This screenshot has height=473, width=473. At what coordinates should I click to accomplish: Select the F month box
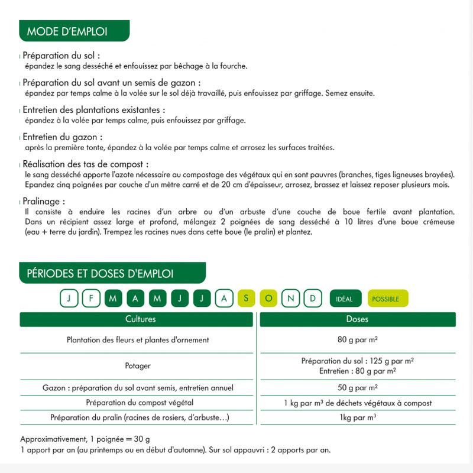click(91, 299)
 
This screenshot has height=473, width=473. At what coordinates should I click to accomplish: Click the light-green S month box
click(246, 299)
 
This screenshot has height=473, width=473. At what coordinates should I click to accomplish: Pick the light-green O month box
click(268, 299)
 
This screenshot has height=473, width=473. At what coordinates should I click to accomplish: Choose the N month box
click(290, 299)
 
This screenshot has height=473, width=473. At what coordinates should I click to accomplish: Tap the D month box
click(313, 299)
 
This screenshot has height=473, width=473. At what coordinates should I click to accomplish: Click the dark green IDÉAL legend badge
click(345, 299)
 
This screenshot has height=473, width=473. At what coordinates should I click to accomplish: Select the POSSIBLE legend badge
click(387, 299)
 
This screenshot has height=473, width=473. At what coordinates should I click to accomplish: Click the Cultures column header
click(140, 319)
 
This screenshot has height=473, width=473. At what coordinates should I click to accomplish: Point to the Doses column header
click(357, 319)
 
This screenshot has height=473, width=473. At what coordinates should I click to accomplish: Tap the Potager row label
click(138, 366)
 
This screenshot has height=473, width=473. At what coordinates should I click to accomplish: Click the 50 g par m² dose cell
click(357, 388)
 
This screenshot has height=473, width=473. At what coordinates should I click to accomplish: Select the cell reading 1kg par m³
click(358, 418)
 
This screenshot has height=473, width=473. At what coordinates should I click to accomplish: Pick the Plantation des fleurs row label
click(138, 340)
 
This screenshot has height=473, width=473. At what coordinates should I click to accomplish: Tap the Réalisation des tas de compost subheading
click(85, 164)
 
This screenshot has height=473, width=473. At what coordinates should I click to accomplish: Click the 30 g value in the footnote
click(142, 439)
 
